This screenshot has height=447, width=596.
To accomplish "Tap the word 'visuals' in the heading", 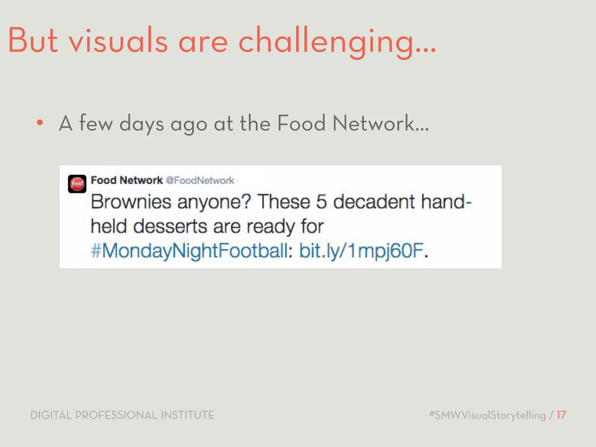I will [118, 41].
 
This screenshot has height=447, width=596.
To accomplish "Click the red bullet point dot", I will [40, 123].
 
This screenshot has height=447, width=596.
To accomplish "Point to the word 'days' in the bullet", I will [141, 124].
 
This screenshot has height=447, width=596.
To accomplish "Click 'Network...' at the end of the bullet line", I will [381, 123].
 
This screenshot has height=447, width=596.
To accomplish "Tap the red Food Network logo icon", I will [77, 184].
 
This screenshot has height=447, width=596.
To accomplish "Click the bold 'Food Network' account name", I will [127, 180].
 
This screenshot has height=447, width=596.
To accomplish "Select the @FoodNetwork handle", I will [200, 180].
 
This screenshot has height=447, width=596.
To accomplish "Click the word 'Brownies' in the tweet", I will [131, 202].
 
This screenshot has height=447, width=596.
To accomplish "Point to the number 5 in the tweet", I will [321, 202].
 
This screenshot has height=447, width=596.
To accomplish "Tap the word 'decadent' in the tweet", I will [374, 202].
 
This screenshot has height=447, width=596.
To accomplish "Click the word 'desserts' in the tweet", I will [170, 226].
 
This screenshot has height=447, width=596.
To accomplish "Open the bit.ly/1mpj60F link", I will [361, 251].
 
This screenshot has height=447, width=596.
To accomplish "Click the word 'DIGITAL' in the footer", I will [51, 415].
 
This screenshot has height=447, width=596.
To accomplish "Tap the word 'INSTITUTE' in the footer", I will [187, 415].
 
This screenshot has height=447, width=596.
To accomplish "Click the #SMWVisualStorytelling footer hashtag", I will [487, 415].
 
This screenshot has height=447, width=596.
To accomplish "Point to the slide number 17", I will [561, 415].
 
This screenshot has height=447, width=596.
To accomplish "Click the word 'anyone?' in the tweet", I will [214, 202].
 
